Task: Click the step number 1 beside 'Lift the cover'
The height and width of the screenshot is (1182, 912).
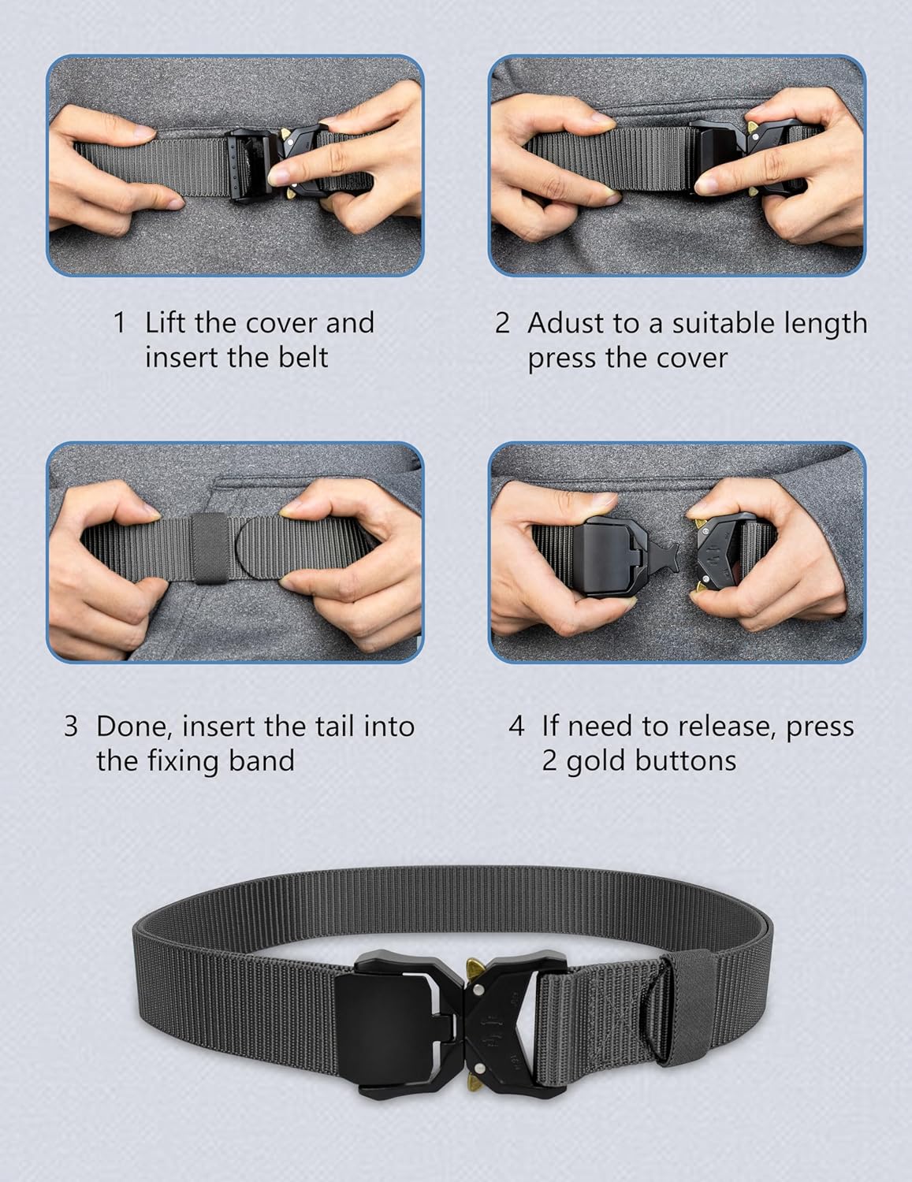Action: point(120,322)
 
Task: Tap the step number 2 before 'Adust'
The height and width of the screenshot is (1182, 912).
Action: point(502,322)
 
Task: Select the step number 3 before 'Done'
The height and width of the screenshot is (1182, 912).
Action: point(71,727)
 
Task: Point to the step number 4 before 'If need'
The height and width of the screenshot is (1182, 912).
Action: point(516,727)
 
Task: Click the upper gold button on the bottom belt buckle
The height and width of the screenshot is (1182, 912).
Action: point(477,969)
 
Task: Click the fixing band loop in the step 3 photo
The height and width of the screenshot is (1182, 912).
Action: point(210,547)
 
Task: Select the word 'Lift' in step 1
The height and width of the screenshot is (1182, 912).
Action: point(165,322)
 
